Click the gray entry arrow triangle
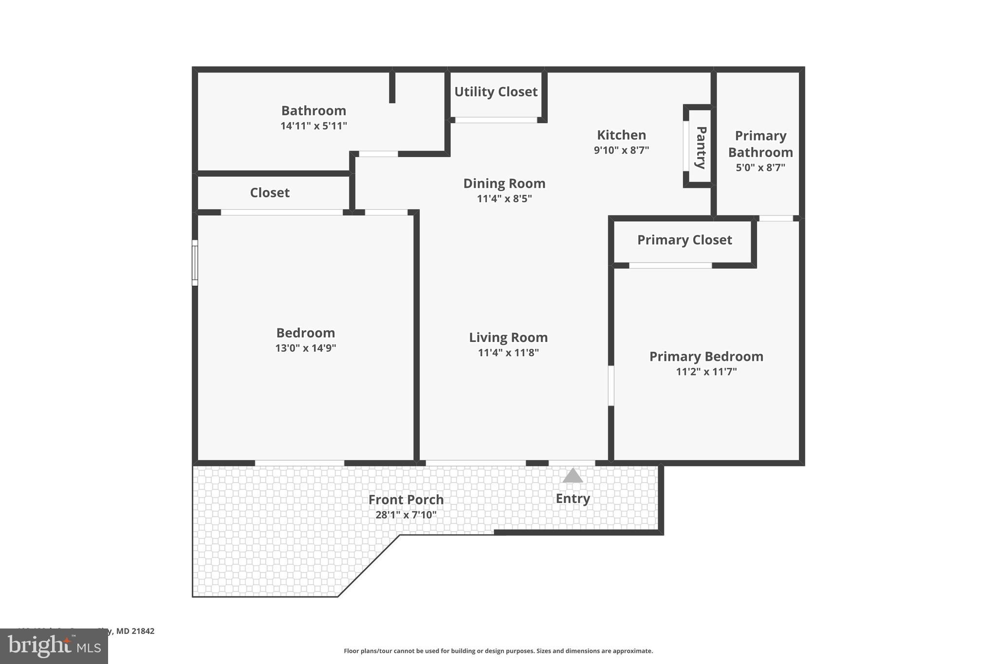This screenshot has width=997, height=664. tap(572, 476)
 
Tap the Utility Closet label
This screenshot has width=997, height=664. tap(496, 91)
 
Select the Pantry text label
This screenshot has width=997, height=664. tap(701, 147)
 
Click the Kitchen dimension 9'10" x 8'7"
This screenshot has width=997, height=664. tap(621, 150)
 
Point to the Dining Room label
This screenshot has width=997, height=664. tap(504, 183)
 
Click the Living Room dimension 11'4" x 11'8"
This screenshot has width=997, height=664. tap(508, 353)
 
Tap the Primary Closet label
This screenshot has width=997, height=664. tap(684, 240)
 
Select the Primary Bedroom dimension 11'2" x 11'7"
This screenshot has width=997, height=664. tap(706, 372)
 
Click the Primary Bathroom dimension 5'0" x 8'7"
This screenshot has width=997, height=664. tap(760, 168)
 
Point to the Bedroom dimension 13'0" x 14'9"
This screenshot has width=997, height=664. tap(306, 348)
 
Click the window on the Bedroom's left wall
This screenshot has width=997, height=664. tap(195, 263)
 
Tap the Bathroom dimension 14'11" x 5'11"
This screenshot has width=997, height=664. tap(314, 126)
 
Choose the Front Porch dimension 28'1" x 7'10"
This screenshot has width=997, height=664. tap(406, 515)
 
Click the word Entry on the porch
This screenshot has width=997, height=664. tap(572, 499)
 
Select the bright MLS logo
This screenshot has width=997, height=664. tap(54, 646)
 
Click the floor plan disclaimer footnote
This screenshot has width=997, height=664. tap(498, 651)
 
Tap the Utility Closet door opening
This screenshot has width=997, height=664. tap(496, 120)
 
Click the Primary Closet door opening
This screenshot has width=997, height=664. tap(670, 266)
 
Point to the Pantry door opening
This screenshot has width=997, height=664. tap(686, 146)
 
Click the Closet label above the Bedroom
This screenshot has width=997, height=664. tap(270, 193)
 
